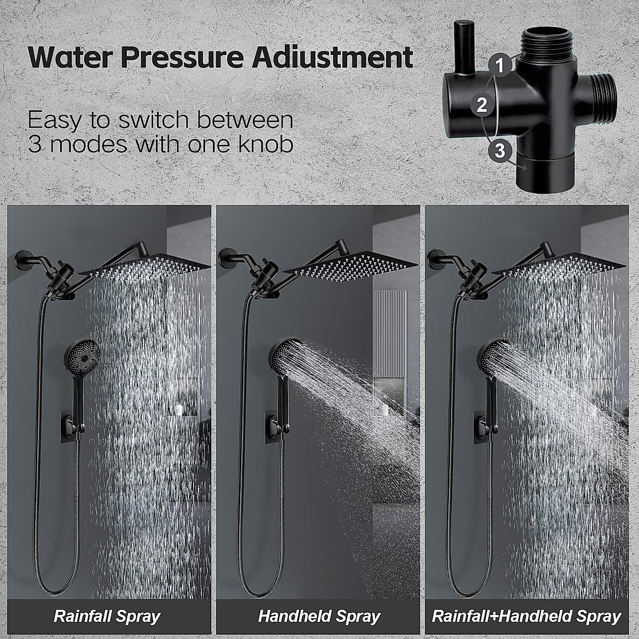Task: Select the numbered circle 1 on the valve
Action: (x=499, y=65)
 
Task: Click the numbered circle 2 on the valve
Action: (x=482, y=104)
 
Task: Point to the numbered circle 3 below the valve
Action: (x=499, y=151)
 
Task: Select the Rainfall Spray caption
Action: (x=107, y=617)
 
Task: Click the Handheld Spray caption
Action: (x=318, y=617)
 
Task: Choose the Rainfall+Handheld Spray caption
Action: (x=526, y=617)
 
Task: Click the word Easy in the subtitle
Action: (x=57, y=120)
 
